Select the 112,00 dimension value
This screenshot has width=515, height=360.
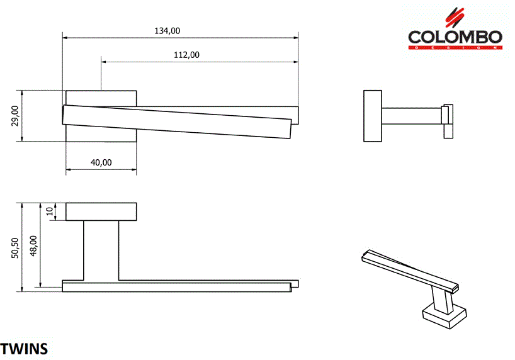coord(186,55)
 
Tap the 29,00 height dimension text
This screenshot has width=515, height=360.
coord(16,116)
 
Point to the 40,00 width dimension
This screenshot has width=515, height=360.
coord(101,162)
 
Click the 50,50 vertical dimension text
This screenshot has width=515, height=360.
coord(16,247)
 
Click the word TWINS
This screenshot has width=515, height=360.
coord(24,348)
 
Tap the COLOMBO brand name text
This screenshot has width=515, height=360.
coord(455,37)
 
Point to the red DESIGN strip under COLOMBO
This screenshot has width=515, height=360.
coord(455,48)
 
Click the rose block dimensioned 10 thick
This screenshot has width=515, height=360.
coord(101,211)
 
